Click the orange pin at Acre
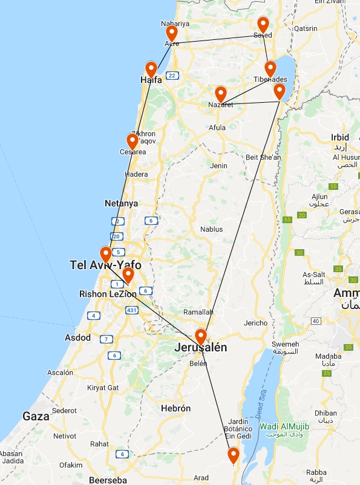point(172,33)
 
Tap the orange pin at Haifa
point(151,69)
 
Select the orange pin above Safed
point(263,24)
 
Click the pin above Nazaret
point(221,94)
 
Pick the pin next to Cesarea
point(132,141)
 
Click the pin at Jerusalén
point(201,336)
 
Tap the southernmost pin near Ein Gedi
point(233,454)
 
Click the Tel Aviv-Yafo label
point(105,265)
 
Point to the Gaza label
point(36,416)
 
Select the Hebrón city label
point(176,409)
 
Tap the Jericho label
point(255,323)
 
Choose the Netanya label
point(121,204)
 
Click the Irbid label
point(340,137)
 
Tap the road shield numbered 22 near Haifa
point(172,76)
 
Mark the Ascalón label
point(59,373)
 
